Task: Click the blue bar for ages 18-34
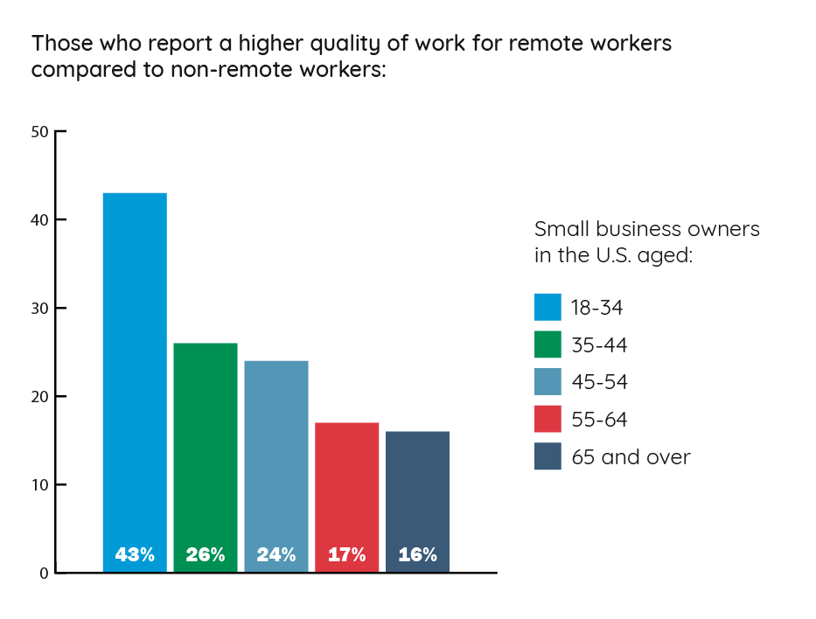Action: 135,367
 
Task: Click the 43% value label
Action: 135,554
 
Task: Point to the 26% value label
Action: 206,554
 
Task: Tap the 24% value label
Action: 276,554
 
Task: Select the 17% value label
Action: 347,554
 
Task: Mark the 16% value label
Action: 417,554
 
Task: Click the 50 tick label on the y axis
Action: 40,132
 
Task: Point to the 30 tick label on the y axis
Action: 40,309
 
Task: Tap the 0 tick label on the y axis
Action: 44,574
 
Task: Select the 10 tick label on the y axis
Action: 40,485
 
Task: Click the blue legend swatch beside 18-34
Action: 547,307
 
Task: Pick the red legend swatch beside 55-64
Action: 547,419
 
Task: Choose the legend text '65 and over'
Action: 631,456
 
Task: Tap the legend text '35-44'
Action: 599,344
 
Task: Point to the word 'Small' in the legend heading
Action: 561,229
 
